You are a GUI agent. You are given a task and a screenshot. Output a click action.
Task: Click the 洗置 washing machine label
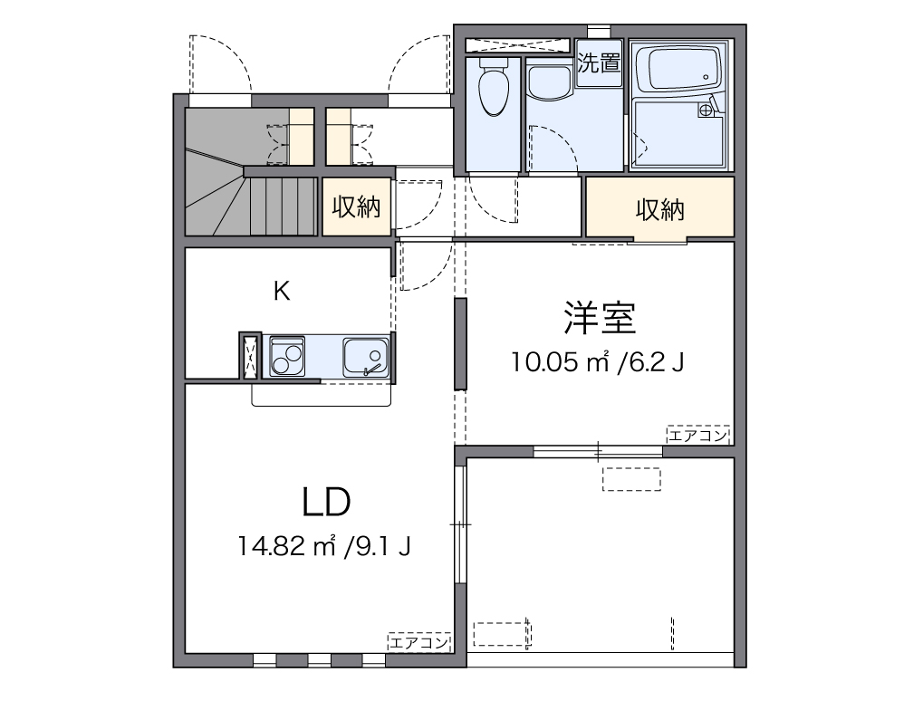pyautogui.click(x=600, y=63)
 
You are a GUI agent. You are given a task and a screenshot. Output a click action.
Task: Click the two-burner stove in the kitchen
pyautogui.click(x=286, y=356)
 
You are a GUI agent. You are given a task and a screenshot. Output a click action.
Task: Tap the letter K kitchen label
pyautogui.click(x=283, y=291)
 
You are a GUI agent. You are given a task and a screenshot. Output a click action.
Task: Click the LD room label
pyautogui.click(x=326, y=501)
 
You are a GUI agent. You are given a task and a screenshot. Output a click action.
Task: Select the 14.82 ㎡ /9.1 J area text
pyautogui.click(x=325, y=546)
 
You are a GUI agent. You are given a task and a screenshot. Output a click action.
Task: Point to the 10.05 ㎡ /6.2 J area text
pyautogui.click(x=597, y=362)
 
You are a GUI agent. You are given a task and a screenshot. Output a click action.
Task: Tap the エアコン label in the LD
pyautogui.click(x=419, y=643)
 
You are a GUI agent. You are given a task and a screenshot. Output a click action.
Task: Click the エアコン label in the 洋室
pyautogui.click(x=698, y=436)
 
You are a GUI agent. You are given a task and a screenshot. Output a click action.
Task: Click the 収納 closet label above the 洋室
pyautogui.click(x=659, y=210)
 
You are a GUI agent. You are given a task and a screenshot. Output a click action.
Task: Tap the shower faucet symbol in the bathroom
pyautogui.click(x=707, y=110)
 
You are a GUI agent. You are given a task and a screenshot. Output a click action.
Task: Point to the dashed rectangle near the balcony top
pyautogui.click(x=631, y=478)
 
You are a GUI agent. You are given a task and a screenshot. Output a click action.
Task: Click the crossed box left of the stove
pyautogui.click(x=250, y=357)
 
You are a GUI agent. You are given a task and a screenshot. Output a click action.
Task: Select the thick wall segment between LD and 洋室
pyautogui.click(x=460, y=343)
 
